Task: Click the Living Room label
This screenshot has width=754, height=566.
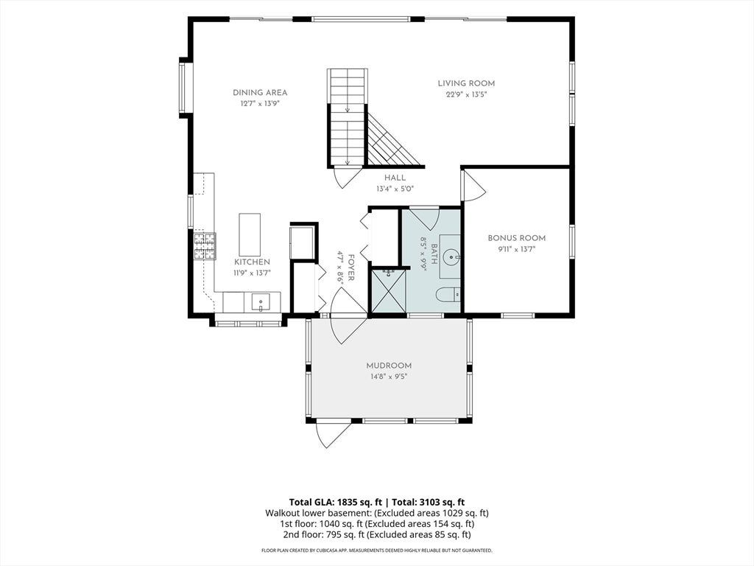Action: click(x=466, y=83)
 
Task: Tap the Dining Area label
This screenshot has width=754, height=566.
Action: click(x=260, y=92)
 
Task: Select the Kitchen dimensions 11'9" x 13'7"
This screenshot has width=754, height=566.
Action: click(x=253, y=273)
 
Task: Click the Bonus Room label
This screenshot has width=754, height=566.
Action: click(x=516, y=238)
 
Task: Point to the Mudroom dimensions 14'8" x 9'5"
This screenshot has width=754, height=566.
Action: click(x=388, y=377)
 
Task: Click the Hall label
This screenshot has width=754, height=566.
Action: click(x=395, y=178)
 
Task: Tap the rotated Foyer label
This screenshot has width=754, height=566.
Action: click(x=351, y=268)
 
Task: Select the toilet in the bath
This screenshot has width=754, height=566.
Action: click(x=448, y=293)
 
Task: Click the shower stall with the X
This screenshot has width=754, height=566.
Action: click(x=387, y=290)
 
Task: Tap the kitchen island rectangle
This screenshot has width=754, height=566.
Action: click(x=250, y=235)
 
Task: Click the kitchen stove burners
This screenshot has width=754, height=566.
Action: click(x=205, y=246)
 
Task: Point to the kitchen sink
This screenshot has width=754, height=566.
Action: click(x=260, y=303)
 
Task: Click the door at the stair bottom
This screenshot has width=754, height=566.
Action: click(x=346, y=177)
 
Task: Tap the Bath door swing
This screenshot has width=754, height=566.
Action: click(x=423, y=217)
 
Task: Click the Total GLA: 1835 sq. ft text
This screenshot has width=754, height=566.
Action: click(x=336, y=503)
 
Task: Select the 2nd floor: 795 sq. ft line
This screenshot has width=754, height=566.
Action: click(x=377, y=534)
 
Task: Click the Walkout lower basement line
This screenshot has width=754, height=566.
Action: click(x=377, y=513)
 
